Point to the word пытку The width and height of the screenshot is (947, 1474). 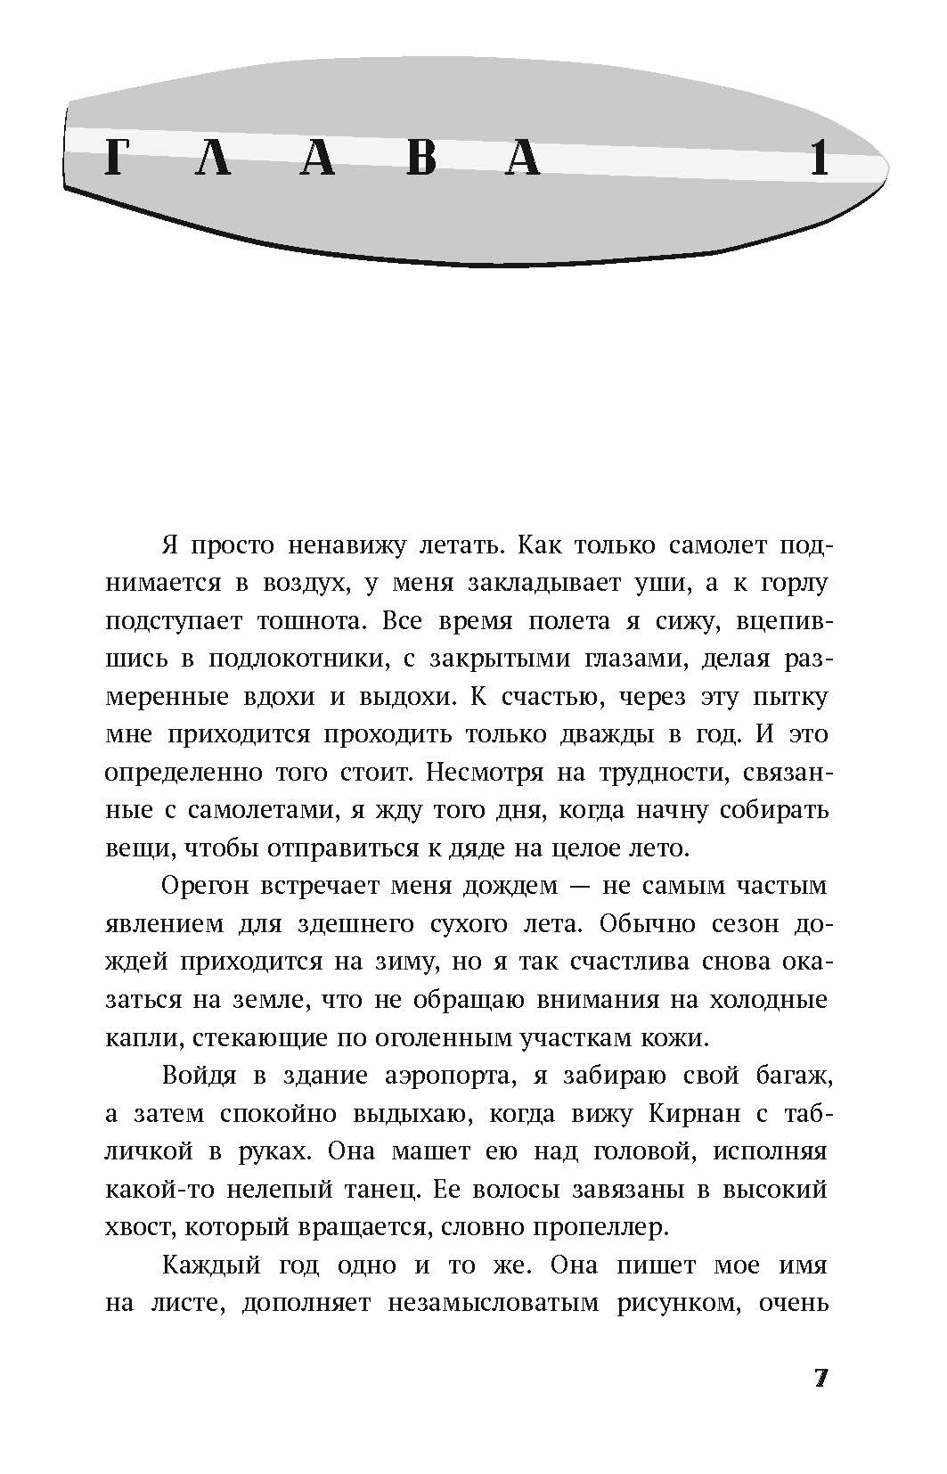pos(791,697)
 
